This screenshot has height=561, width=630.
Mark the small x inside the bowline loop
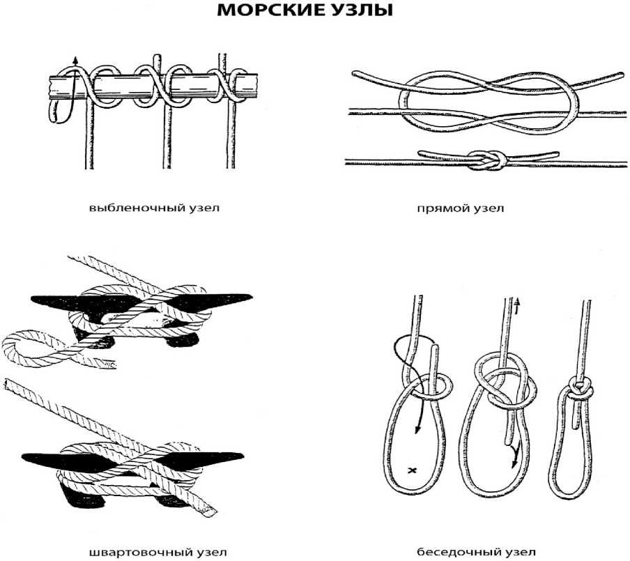(x=412, y=471)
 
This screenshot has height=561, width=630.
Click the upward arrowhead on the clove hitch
(x=75, y=59)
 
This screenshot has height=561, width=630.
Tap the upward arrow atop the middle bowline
(x=518, y=302)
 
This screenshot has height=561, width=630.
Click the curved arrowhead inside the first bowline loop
(x=415, y=429)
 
